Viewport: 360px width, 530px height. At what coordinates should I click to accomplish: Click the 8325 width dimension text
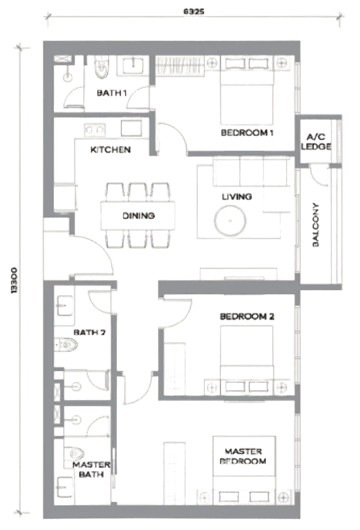click(x=194, y=11)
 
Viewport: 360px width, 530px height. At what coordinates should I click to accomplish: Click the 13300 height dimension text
click(x=14, y=281)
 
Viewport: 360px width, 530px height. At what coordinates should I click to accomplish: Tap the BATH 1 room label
click(x=111, y=92)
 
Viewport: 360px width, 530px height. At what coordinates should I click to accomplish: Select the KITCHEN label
click(x=111, y=149)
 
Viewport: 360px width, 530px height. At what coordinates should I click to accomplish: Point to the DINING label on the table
click(x=138, y=215)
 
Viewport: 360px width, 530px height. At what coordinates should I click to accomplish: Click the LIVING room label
click(x=236, y=196)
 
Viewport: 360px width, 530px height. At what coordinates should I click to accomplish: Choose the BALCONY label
click(x=316, y=225)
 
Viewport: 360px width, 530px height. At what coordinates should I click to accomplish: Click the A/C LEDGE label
click(x=316, y=141)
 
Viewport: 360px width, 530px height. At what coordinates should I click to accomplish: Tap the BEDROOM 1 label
click(x=247, y=132)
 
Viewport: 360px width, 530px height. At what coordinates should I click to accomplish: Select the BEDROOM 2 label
click(x=247, y=316)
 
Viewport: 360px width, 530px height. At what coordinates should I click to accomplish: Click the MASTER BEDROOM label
click(x=243, y=456)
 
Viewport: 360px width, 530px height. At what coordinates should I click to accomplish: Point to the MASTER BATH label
click(x=91, y=470)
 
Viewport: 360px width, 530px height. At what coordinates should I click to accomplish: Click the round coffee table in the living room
click(x=230, y=221)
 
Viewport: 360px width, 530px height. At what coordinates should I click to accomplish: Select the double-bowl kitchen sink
click(x=94, y=129)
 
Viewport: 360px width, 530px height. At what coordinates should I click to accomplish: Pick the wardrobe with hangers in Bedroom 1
click(x=180, y=65)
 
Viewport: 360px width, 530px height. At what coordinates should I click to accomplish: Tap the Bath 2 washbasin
click(x=64, y=306)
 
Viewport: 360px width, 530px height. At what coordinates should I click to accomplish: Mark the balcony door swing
click(x=319, y=175)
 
